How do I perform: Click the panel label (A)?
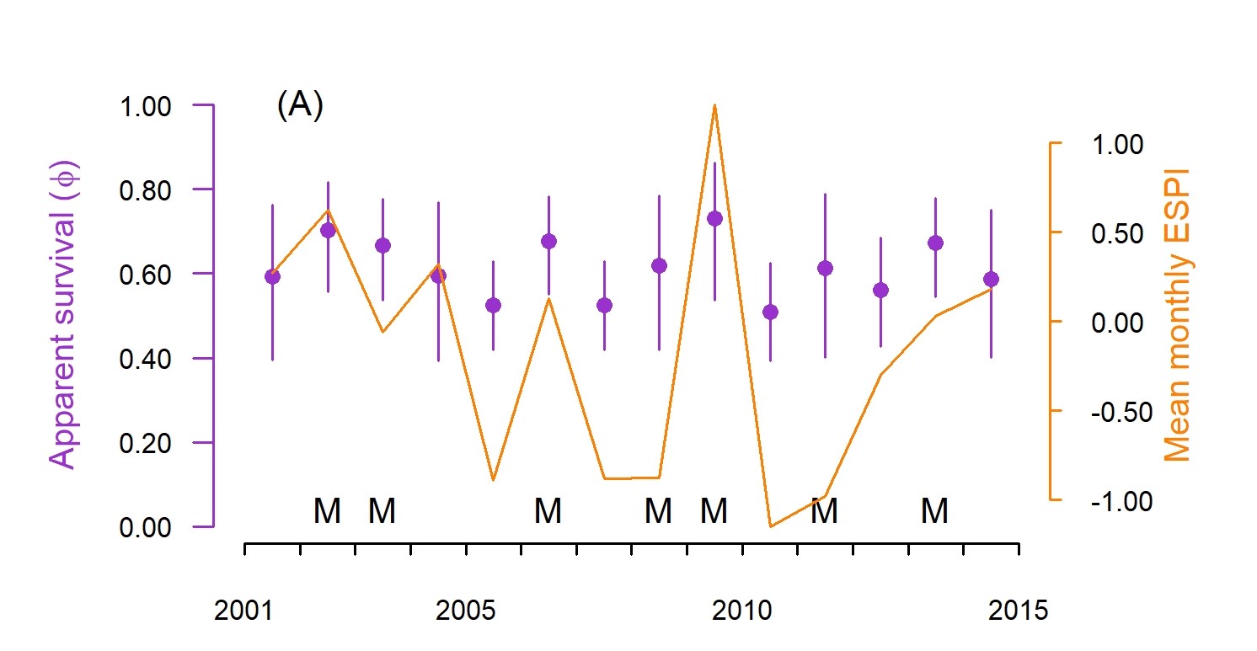(x=299, y=107)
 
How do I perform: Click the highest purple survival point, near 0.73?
(x=714, y=219)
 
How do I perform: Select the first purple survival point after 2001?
(x=272, y=276)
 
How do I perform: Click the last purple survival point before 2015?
(x=991, y=279)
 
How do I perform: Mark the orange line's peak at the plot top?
(x=714, y=106)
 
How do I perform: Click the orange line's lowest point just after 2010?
(x=770, y=526)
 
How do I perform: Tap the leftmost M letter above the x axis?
(x=327, y=510)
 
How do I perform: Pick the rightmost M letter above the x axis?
(x=934, y=510)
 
